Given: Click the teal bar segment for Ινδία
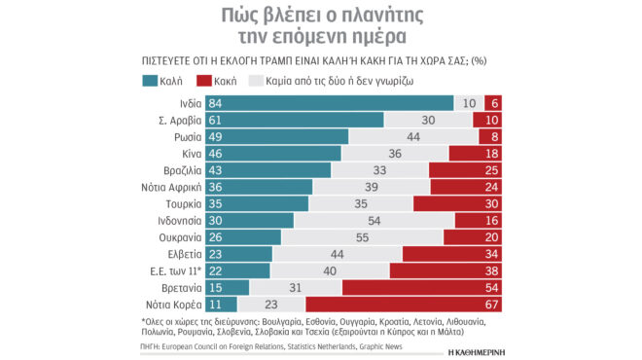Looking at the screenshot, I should [x=331, y=103].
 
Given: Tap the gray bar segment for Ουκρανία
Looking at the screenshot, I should [x=362, y=236].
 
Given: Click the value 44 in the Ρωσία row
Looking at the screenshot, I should [x=411, y=136].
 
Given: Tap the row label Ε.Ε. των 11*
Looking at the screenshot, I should [x=173, y=270].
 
